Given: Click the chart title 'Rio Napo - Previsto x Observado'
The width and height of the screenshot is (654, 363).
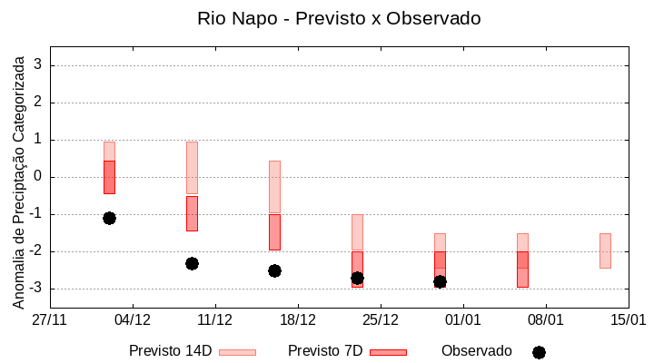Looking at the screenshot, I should pos(339,18).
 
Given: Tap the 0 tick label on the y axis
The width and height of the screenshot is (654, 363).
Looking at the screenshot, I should pos(38,177).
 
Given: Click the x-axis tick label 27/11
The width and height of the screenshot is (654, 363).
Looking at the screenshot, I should pos(50,320).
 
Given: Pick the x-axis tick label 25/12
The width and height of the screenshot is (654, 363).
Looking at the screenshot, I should pos(381,320).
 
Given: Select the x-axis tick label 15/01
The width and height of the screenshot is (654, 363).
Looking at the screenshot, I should pos(628,320).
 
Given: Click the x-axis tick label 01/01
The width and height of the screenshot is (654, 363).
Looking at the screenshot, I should pos(463,320).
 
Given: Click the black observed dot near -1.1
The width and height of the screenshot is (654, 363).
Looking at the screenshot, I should pos(109,218).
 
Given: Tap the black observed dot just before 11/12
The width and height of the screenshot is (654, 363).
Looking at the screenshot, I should pos(192,263).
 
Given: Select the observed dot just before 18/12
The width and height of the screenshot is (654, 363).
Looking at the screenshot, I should pos(274,270).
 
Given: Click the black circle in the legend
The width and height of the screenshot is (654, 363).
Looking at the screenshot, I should pos(539,352).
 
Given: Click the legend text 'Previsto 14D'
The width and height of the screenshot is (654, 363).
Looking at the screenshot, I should pos(170,351).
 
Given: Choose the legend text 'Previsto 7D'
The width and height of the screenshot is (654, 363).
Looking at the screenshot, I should pos(325,351).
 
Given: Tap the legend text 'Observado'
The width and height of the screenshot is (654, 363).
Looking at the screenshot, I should pos(477,351).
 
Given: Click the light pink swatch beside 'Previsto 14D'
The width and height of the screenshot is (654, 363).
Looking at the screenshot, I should pos(237,352).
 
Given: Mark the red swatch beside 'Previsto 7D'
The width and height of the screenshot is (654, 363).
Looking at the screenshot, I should pos(388,352).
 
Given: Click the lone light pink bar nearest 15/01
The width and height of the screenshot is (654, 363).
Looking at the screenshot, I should pos(605,250).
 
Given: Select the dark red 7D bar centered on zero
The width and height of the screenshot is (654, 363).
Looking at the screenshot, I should pos(109,177).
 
